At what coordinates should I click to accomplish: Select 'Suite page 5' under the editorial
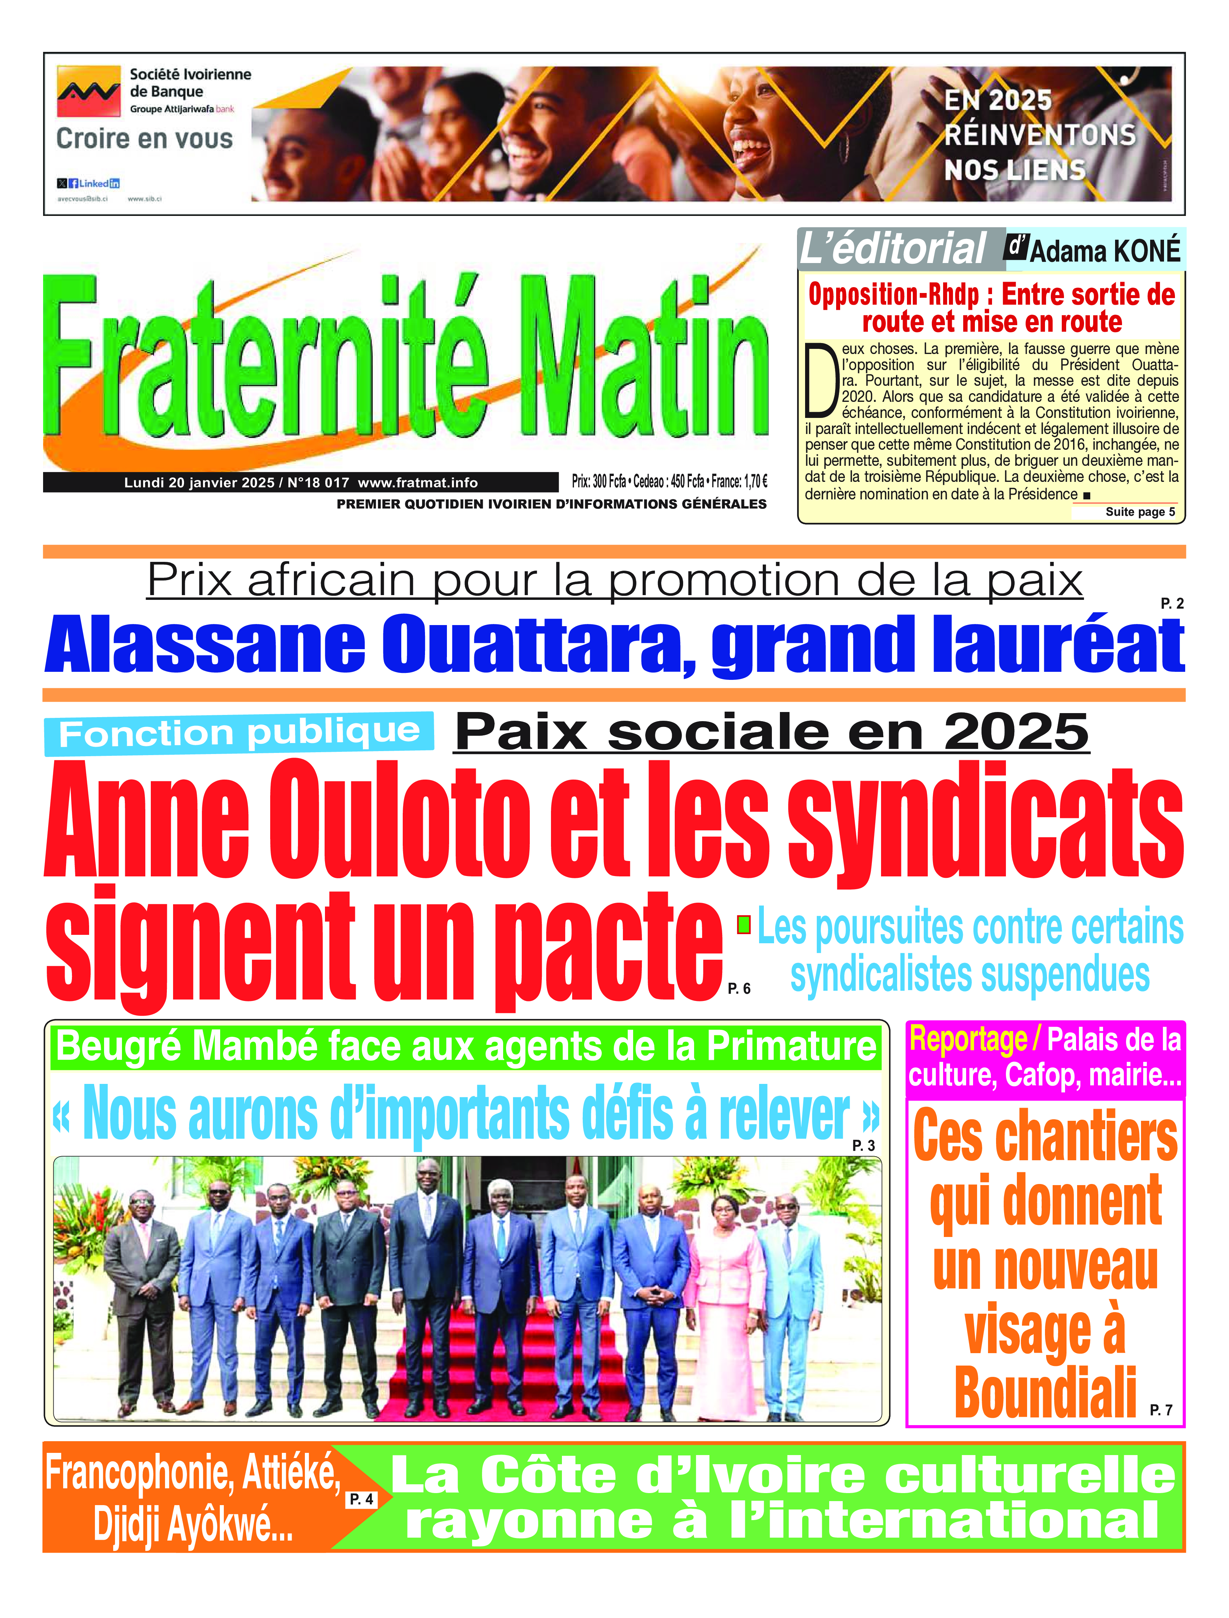pyautogui.click(x=1140, y=511)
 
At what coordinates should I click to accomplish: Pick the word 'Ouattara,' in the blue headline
pyautogui.click(x=538, y=646)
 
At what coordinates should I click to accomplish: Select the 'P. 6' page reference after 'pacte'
pyautogui.click(x=739, y=989)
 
